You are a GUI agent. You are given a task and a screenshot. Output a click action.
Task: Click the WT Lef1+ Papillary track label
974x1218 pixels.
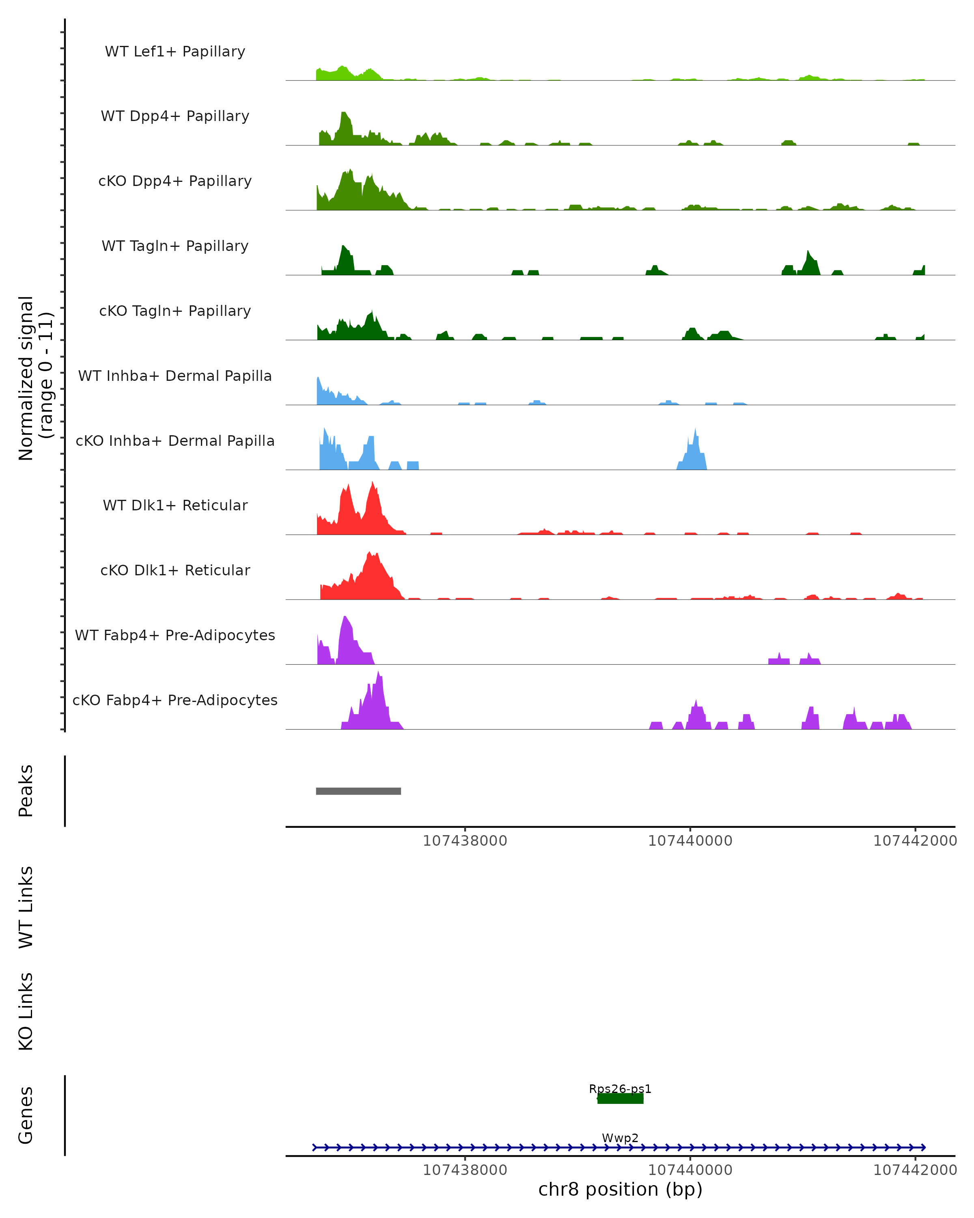(x=175, y=52)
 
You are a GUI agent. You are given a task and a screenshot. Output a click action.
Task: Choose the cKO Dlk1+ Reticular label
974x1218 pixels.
(x=175, y=570)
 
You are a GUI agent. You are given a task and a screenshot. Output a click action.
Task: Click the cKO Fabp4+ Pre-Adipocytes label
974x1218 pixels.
(x=175, y=700)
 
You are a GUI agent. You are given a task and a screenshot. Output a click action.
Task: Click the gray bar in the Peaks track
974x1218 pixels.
(x=358, y=791)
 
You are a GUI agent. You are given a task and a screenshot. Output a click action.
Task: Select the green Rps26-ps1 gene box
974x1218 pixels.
(x=620, y=1099)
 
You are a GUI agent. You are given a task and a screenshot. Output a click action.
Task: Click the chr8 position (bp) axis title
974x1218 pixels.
(x=620, y=1189)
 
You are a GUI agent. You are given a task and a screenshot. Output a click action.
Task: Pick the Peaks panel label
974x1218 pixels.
(x=26, y=791)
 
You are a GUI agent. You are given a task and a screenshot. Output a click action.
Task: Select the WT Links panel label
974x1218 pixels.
(x=26, y=907)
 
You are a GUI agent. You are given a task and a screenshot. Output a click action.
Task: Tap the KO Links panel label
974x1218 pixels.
(x=26, y=1011)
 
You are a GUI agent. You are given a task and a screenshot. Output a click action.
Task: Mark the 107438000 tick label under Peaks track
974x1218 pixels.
(x=465, y=841)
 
